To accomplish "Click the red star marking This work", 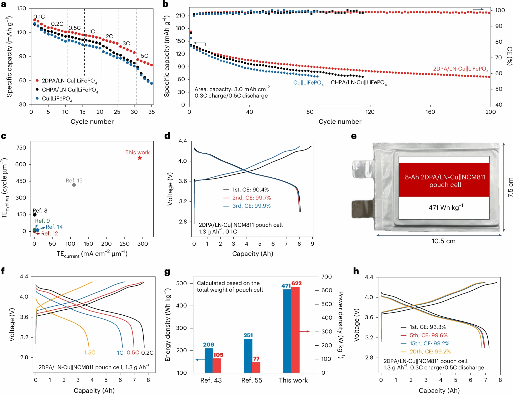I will tap(140, 158).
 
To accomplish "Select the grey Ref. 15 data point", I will tap(74, 185).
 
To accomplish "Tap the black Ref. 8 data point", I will tap(35, 215).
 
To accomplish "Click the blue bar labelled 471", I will tap(287, 331).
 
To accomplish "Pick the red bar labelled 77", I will tap(256, 367).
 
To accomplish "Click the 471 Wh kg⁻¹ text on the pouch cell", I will tap(446, 208).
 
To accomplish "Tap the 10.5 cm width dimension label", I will tap(443, 241).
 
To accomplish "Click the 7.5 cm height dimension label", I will tap(510, 187).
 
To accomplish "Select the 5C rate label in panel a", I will tap(145, 56).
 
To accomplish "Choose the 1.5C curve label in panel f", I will tap(90, 353).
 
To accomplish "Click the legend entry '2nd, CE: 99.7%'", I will tap(251, 198).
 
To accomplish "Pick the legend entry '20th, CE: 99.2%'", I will tap(430, 352).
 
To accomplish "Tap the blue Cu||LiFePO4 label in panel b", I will tap(308, 83).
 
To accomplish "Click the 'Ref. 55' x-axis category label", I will tap(251, 380).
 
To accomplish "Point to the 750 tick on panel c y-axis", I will tap(21, 148).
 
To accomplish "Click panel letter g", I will tap(167, 272).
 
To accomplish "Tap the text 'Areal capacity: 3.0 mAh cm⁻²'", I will tap(232, 89).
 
